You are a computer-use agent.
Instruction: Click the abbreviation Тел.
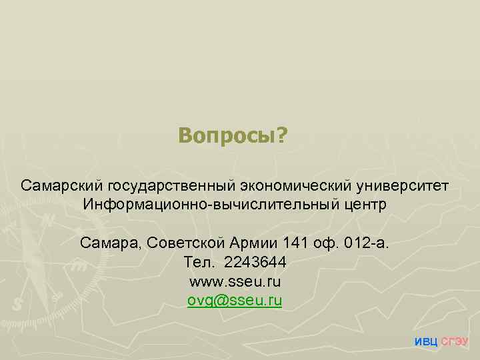[195, 261]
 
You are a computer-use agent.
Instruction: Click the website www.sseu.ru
[235, 281]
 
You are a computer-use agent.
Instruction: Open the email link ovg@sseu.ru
[235, 300]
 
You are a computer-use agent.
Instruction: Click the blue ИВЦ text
[426, 342]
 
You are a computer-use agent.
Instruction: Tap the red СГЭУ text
[455, 342]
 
